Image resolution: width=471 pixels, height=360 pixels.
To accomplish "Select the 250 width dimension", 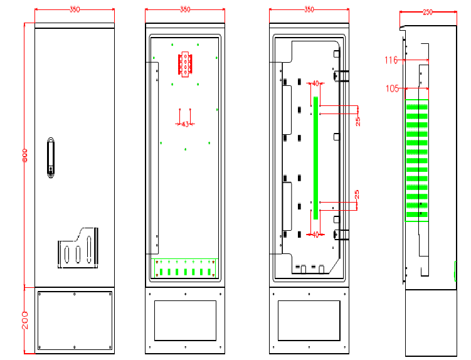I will [428, 12].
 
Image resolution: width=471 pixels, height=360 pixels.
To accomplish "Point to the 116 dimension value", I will [391, 60].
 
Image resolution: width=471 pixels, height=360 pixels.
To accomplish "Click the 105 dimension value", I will [393, 88].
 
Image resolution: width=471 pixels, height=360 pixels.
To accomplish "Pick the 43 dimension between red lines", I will [185, 124].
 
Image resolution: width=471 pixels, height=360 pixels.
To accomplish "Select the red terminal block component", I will [185, 65].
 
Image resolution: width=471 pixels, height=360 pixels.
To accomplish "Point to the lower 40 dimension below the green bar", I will [315, 235].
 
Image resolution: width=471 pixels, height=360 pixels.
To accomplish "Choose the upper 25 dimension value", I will [357, 120].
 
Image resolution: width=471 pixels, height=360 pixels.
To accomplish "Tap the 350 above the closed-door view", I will [75, 10].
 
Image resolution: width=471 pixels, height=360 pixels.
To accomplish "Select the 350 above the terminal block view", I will [185, 10].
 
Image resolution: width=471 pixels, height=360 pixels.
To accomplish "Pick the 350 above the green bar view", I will [309, 10].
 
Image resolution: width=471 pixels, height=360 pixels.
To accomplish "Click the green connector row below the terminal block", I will [185, 271].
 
